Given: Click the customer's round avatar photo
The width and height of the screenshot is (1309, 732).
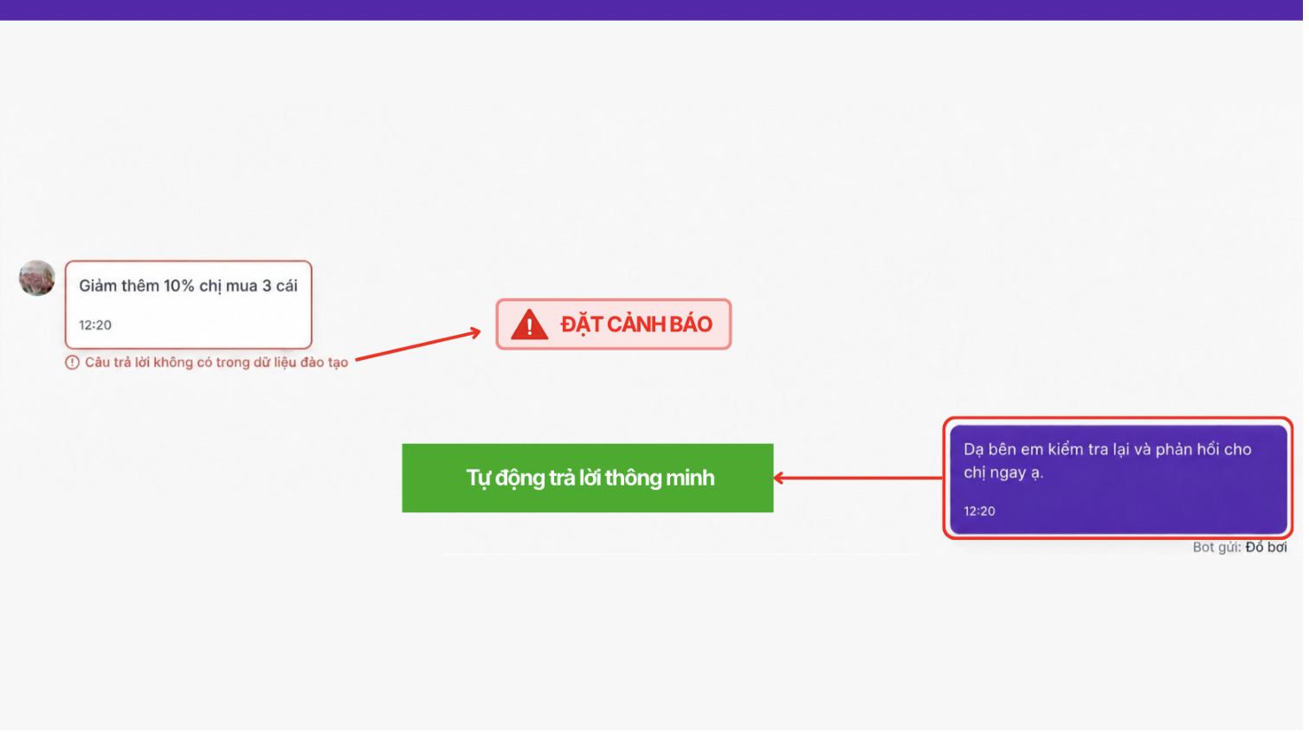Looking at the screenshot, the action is (37, 279).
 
